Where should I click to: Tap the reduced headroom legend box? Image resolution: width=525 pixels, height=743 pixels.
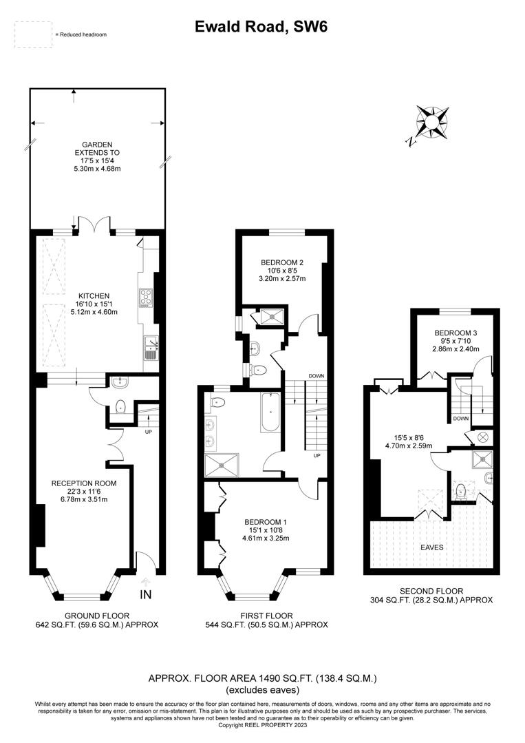[34, 34]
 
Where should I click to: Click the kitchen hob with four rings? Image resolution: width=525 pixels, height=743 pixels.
[147, 297]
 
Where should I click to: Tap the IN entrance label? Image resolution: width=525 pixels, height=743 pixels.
[145, 594]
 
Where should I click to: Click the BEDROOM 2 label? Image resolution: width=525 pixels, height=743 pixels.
[282, 262]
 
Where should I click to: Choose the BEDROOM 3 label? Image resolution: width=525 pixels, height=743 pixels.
[456, 333]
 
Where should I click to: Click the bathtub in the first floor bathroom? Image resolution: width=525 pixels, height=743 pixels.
[270, 412]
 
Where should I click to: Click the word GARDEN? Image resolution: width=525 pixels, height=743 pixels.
[97, 145]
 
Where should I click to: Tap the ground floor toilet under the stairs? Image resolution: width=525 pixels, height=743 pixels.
[120, 406]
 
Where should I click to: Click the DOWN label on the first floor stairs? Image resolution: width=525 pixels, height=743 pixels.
[317, 376]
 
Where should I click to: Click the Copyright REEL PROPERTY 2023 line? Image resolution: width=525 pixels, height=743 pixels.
[261, 725]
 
